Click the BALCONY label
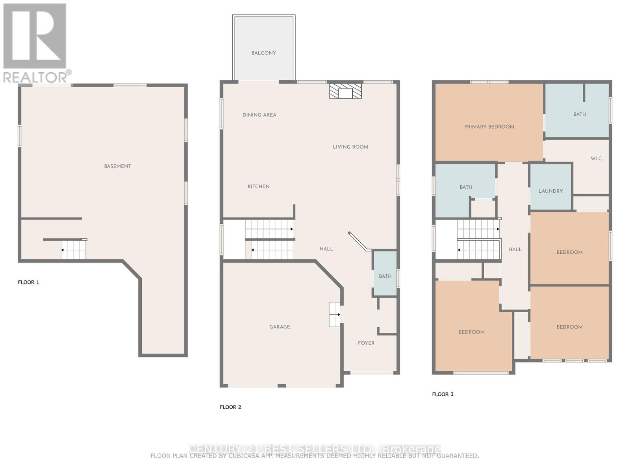pos(263,53)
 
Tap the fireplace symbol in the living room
pos(345,91)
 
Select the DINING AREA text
pos(259,115)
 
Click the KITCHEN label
pos(258,186)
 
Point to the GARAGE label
pos(280,327)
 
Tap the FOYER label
pos(366,343)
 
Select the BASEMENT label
pos(117,166)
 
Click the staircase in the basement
pos(73,250)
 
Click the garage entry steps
pos(335,314)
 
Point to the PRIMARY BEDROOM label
pos(489,127)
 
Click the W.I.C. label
pos(596,159)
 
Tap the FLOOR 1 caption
pos(28,282)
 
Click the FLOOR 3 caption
pos(443,394)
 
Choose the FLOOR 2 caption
pos(230,407)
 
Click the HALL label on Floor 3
pos(515,249)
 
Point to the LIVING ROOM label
pos(350,147)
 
